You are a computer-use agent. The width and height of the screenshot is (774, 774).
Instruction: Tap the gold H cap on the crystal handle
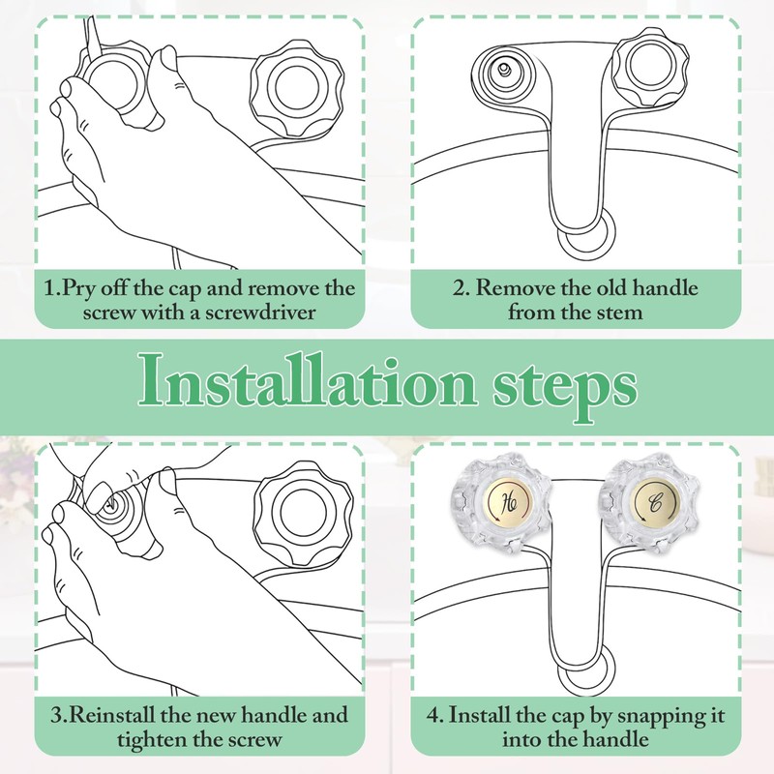509,503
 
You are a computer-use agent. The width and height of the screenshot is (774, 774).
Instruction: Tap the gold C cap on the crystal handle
656,503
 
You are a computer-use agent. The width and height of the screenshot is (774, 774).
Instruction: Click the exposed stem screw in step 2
502,70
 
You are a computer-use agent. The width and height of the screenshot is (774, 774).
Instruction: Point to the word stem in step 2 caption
619,313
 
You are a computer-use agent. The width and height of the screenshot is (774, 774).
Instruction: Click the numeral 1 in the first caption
49,287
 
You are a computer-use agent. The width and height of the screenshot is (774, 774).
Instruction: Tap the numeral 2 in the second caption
459,288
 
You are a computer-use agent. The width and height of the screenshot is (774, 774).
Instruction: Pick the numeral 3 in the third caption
57,715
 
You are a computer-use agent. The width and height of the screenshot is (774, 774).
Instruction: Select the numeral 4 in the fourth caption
433,715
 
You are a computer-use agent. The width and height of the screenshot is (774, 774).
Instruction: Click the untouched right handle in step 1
296,89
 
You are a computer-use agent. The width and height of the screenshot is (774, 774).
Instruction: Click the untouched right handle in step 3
303,515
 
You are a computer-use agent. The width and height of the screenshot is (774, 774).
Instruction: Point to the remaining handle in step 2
650,67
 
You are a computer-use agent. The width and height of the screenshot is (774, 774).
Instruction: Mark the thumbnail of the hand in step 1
168,57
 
